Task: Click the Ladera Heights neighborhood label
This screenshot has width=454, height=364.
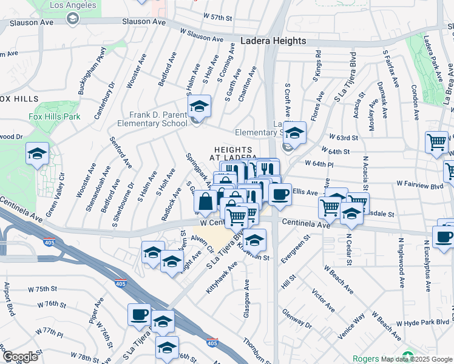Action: (273, 41)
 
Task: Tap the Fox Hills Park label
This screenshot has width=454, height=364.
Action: (54, 116)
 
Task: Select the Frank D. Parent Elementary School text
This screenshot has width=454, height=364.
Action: (158, 119)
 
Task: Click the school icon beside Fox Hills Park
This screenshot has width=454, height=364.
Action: (37, 154)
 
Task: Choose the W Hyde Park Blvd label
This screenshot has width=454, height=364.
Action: (424, 323)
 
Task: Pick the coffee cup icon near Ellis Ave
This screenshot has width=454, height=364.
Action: (280, 195)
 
